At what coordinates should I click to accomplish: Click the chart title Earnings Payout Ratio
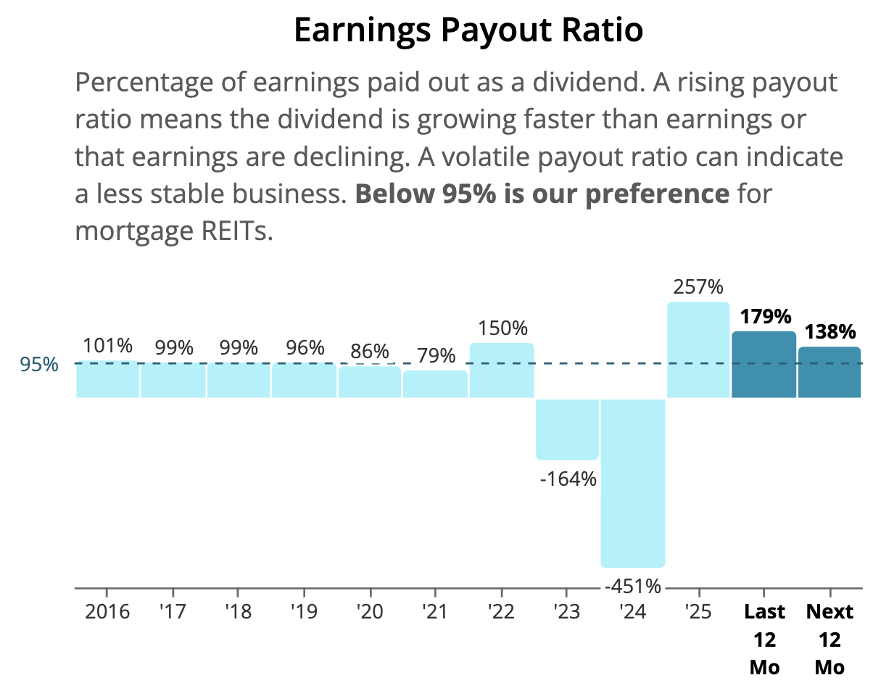[468, 30]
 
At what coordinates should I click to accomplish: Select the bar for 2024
[633, 483]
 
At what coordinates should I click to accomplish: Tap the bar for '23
[567, 429]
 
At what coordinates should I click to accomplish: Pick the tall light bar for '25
[698, 349]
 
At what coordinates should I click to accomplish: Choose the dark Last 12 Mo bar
[764, 365]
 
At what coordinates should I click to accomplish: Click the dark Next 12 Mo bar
[829, 372]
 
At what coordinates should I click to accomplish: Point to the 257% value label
[698, 287]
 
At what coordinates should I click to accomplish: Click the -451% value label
[633, 587]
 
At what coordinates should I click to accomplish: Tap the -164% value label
[568, 479]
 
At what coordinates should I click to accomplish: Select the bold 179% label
[766, 316]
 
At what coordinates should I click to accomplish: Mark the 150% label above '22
[502, 328]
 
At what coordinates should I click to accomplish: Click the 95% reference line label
[39, 365]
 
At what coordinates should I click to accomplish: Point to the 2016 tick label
[107, 611]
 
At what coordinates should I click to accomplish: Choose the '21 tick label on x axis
[435, 611]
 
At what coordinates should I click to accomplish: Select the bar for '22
[502, 371]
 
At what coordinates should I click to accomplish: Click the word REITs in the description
[237, 231]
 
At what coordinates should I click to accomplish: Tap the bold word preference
[658, 194]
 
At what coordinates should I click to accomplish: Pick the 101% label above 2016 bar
[107, 346]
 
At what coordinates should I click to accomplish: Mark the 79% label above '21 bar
[436, 355]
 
